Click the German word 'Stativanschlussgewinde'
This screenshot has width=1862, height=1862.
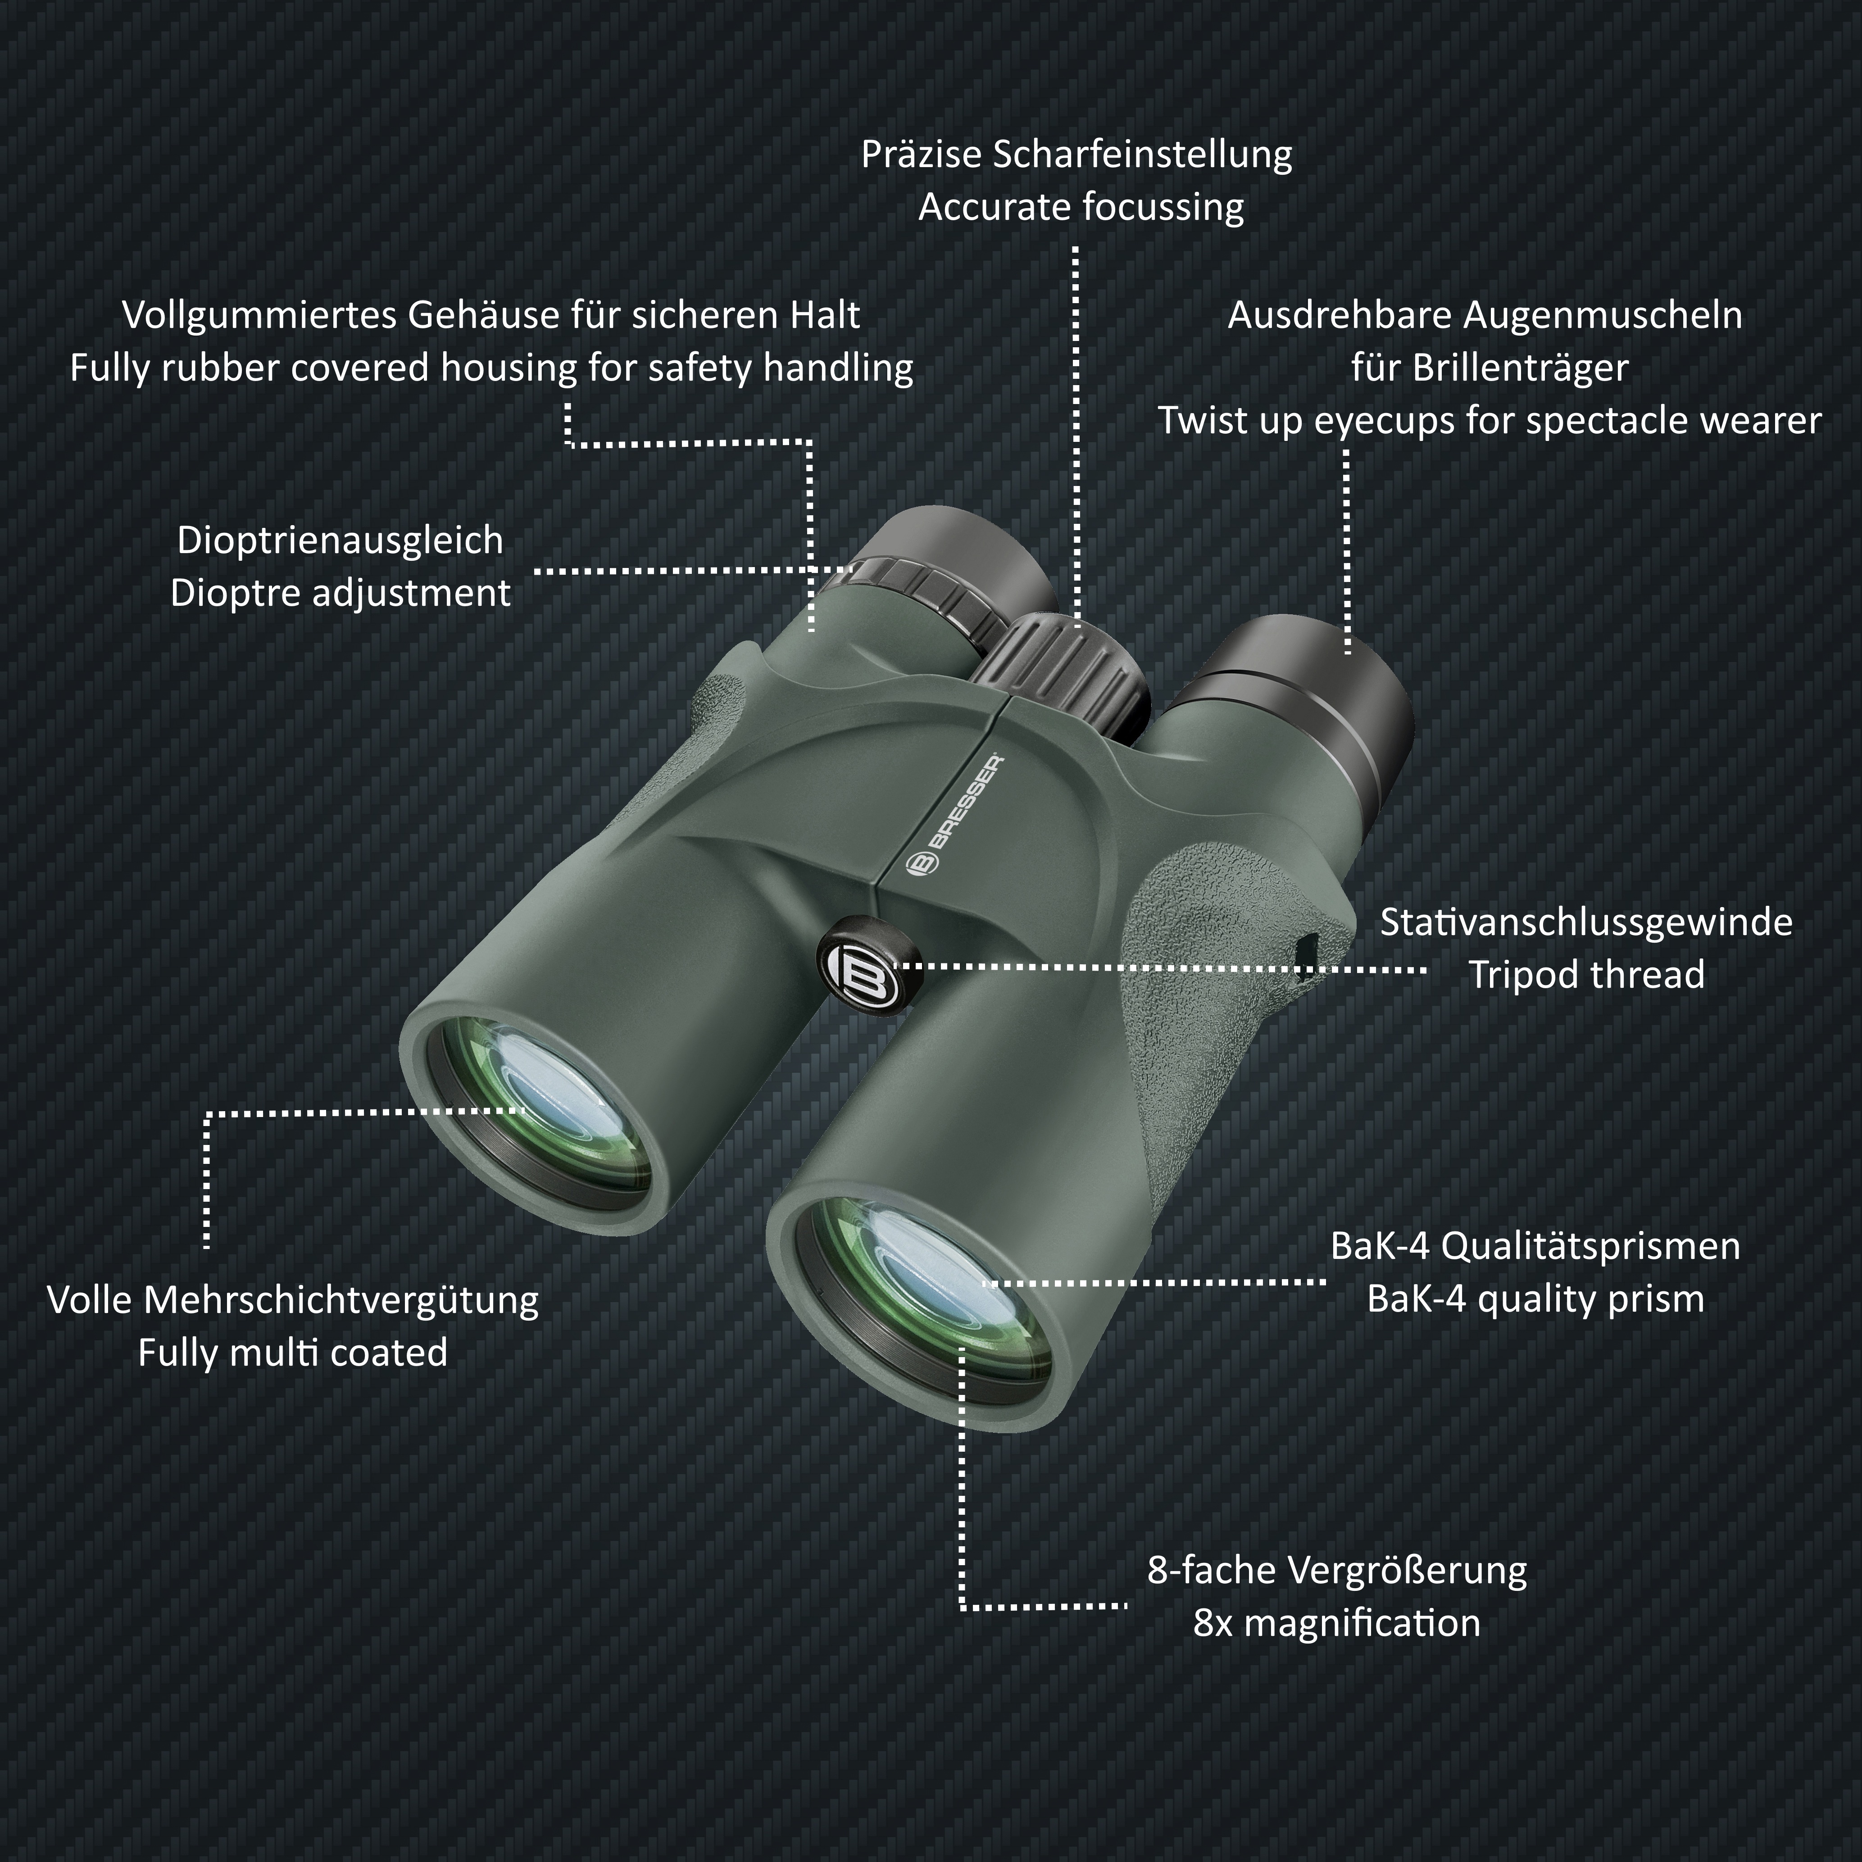(x=1586, y=922)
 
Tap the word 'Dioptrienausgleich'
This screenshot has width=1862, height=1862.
(x=340, y=540)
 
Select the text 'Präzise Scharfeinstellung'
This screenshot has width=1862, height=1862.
(x=1076, y=154)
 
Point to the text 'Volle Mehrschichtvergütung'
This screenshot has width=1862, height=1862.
(x=293, y=1300)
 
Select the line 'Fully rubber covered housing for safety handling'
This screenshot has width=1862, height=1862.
(x=491, y=368)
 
